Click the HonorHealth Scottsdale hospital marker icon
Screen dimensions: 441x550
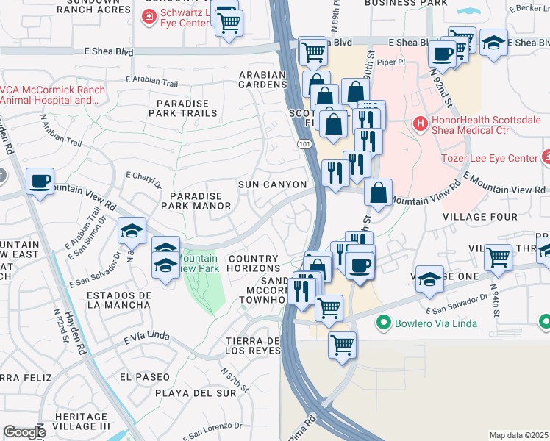[x=420, y=123]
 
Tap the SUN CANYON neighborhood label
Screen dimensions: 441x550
[x=271, y=184]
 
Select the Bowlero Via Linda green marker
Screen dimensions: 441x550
[x=382, y=323]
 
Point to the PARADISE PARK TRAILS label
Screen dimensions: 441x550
[x=183, y=107]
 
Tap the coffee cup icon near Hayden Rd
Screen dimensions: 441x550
[x=40, y=180]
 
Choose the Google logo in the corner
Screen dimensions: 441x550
[x=24, y=432]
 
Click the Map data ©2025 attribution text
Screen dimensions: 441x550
[x=518, y=435]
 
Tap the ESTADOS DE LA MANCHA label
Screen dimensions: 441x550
[x=119, y=299]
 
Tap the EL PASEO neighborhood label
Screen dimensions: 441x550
[x=144, y=376]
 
